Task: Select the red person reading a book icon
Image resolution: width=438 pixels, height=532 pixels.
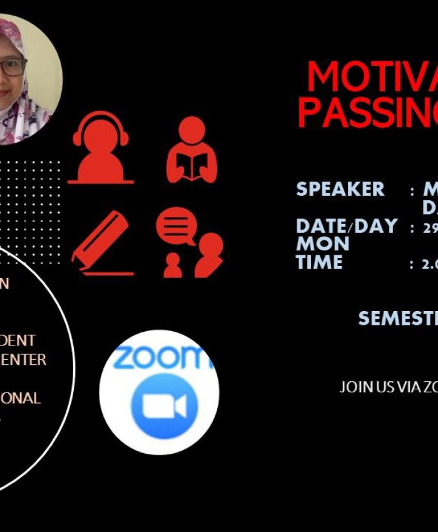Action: pyautogui.click(x=191, y=150)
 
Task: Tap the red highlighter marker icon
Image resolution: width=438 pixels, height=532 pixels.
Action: pyautogui.click(x=101, y=244)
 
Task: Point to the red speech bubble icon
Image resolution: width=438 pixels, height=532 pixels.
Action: pyautogui.click(x=176, y=225)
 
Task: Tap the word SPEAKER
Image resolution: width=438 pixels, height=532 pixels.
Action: pyautogui.click(x=340, y=189)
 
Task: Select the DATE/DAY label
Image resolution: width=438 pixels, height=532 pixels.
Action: pyautogui.click(x=347, y=226)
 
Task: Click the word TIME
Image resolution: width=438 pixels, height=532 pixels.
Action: pyautogui.click(x=319, y=262)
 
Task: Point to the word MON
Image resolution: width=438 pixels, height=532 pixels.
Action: pyautogui.click(x=322, y=244)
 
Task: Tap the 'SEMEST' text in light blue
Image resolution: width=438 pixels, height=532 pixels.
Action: pyautogui.click(x=397, y=318)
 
